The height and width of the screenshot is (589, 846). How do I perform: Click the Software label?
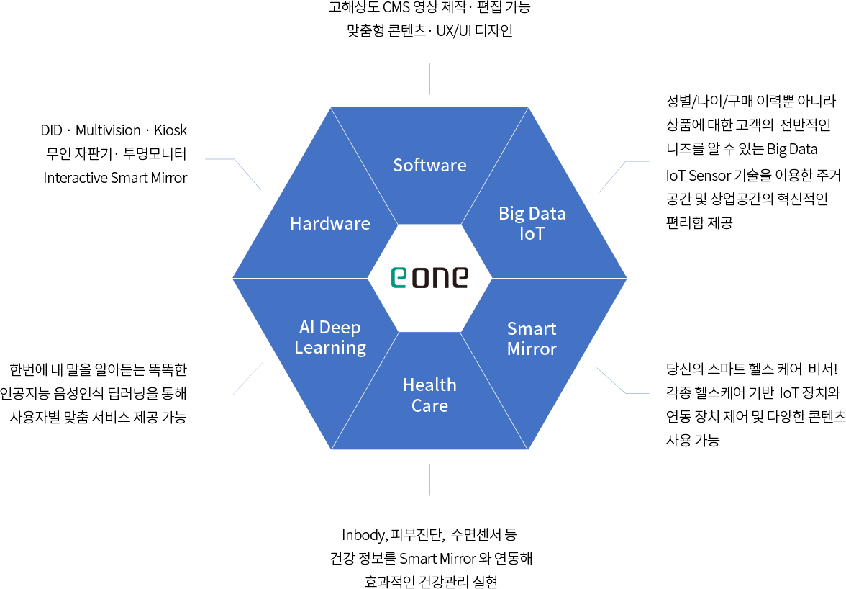point(429,165)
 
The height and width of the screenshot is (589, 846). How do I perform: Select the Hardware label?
point(329,223)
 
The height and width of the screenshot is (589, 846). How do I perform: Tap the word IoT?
point(532,233)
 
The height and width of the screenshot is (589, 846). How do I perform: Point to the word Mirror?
point(532,349)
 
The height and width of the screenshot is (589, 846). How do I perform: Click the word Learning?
point(330,348)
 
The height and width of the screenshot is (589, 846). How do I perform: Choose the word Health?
point(429,385)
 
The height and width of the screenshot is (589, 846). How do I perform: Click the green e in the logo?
point(399,277)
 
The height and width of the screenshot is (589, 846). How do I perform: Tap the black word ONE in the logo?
point(440,277)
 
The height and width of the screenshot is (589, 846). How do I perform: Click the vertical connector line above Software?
point(429,78)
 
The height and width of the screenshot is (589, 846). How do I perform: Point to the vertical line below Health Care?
point(429,480)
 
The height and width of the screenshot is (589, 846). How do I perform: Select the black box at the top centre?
point(429,20)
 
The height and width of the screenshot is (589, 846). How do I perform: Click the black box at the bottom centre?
point(429,558)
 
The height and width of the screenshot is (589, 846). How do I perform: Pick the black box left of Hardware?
point(114,153)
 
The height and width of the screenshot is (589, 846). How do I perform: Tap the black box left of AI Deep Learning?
point(94,393)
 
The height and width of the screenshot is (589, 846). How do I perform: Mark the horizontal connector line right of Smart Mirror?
point(638,393)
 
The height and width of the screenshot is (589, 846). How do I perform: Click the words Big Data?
point(532,213)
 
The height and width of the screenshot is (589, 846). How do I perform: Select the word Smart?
point(532,329)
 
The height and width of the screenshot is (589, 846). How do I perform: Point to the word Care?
point(429,405)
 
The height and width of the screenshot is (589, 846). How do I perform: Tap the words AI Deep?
point(329,328)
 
